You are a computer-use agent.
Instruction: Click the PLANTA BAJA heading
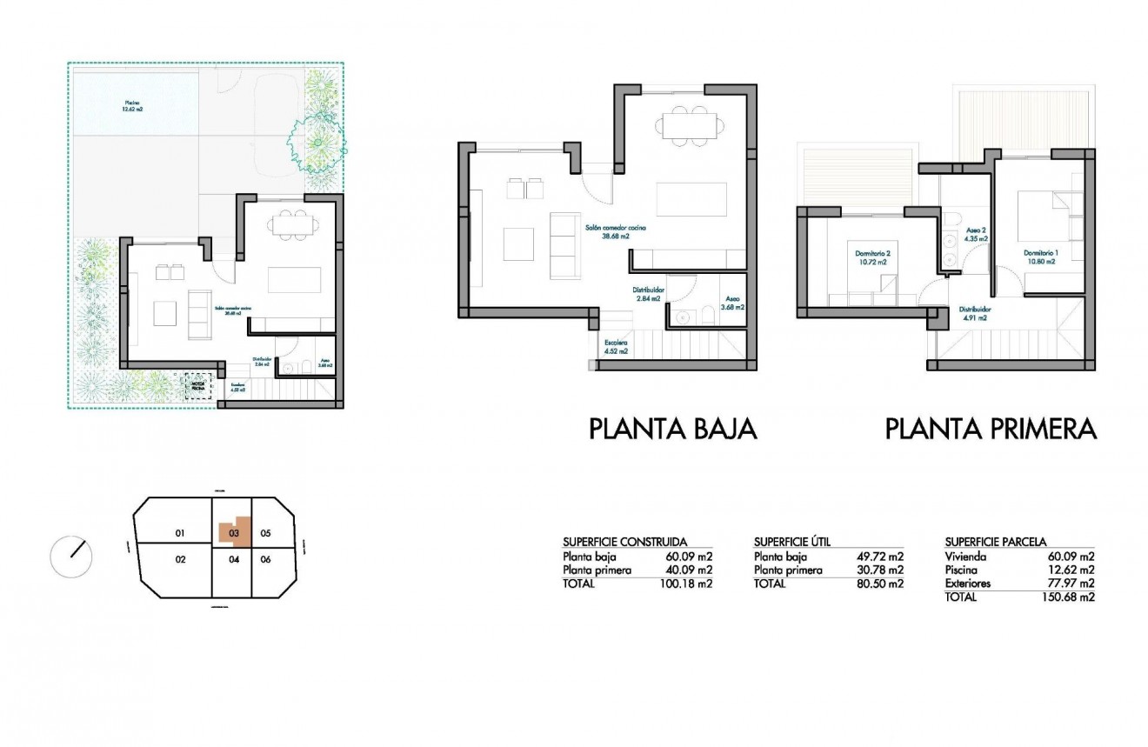[673, 429]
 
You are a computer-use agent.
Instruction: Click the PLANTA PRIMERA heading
[991, 429]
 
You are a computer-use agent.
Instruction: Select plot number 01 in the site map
[181, 533]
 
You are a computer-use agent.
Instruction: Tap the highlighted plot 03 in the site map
[234, 532]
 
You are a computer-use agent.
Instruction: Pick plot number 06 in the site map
[266, 559]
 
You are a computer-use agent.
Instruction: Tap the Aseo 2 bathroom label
[976, 234]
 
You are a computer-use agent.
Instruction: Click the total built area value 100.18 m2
[687, 584]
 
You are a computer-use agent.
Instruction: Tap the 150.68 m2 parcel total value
[1068, 597]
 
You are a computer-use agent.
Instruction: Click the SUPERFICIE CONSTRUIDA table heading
[624, 541]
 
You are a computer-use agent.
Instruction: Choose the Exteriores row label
[967, 584]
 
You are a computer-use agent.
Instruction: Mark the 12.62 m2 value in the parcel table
[1071, 570]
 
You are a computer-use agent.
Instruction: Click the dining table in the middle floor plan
[688, 123]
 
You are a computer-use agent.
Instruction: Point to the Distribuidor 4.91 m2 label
[975, 313]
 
